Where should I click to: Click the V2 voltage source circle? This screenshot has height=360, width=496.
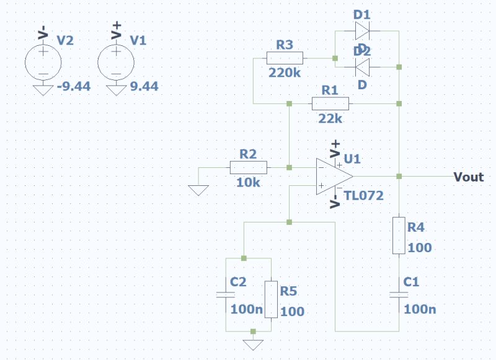[43, 61]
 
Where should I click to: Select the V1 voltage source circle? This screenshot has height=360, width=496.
[116, 61]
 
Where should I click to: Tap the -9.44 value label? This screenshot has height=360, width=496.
[74, 86]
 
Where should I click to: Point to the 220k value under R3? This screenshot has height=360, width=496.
[285, 72]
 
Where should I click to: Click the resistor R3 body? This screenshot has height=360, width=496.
[285, 58]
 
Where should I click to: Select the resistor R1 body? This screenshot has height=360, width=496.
[330, 103]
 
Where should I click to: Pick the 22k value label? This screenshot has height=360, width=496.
[330, 118]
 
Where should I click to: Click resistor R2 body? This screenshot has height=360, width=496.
[248, 167]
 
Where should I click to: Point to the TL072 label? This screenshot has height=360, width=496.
[365, 196]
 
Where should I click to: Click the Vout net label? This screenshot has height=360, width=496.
[468, 177]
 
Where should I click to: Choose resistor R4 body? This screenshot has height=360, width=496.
[399, 235]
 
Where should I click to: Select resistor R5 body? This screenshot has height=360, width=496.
[272, 299]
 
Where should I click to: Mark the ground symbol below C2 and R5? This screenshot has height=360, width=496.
[253, 344]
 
